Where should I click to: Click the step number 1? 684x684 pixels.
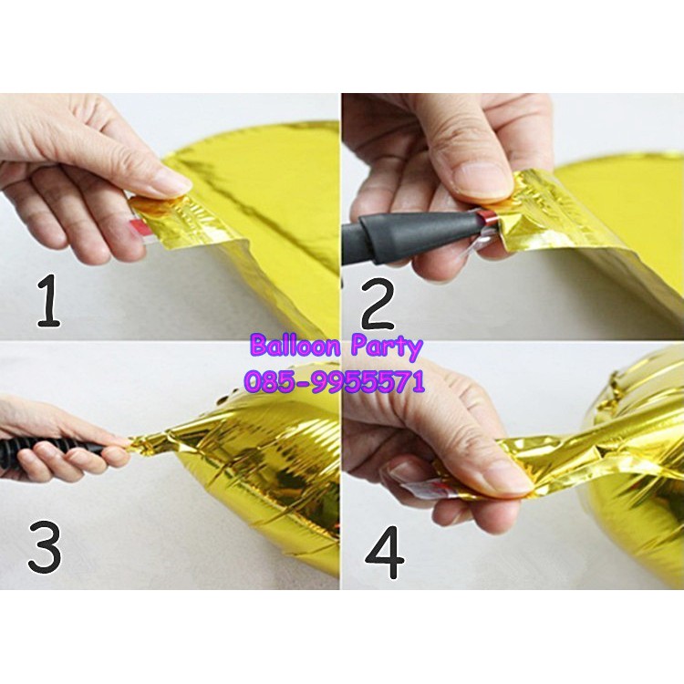[x=49, y=301]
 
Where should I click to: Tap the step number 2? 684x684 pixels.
[x=378, y=305]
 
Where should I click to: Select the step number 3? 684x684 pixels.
[x=45, y=548]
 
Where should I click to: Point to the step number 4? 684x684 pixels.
[x=384, y=553]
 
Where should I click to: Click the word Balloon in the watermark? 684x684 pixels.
[x=296, y=346]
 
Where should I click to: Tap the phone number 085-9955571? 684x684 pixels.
[x=334, y=382]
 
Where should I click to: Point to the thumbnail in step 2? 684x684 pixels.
[x=482, y=181]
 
